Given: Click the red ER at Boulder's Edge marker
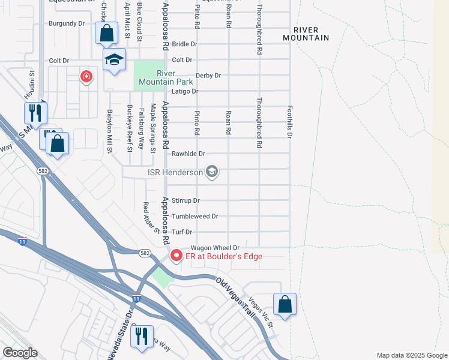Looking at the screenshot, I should point(176,256).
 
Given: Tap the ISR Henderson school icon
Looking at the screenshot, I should point(211,173).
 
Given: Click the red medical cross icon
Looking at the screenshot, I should point(86,76).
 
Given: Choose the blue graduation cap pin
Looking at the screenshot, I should point(113,59).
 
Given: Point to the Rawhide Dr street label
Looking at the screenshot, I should point(188,154).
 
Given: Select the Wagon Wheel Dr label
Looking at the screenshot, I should point(215,247).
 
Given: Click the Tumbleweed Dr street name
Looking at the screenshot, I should point(194,216).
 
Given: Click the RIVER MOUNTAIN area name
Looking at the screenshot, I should point(311,34).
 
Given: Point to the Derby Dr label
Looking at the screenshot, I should point(208,76).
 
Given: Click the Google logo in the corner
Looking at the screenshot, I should point(20,353).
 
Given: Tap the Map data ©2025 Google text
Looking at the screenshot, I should point(411,355).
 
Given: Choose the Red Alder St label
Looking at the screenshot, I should point(150,217).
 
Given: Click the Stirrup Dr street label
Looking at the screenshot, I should point(185,200).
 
